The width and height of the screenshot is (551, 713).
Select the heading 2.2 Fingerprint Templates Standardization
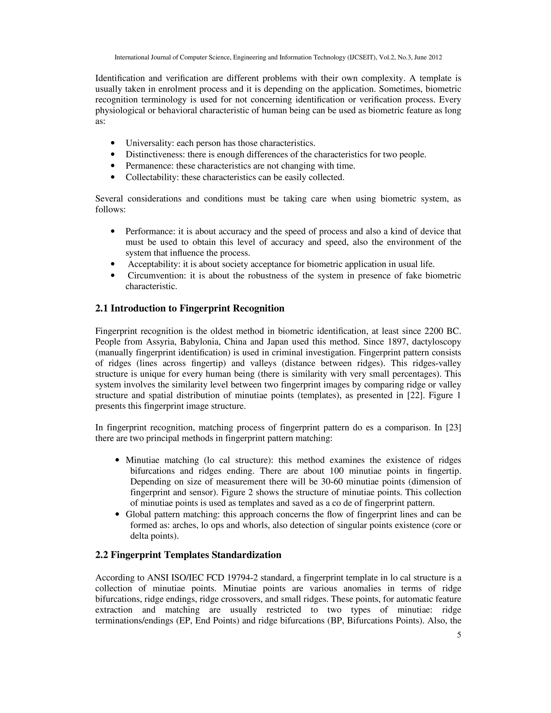click(188, 555)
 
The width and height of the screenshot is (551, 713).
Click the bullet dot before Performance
click(113, 231)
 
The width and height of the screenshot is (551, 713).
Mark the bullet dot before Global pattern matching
click(118, 514)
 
